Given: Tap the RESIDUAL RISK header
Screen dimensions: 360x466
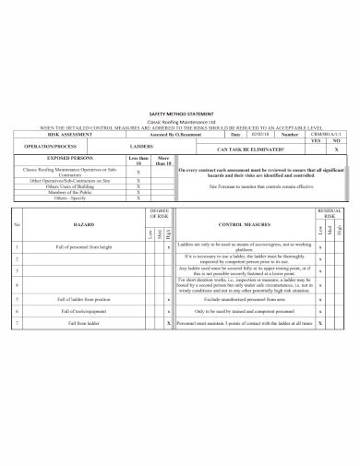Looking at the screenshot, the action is pyautogui.click(x=330, y=213).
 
